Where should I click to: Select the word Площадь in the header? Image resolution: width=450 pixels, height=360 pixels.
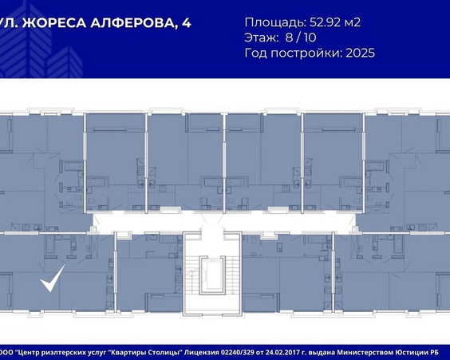(x=276, y=22)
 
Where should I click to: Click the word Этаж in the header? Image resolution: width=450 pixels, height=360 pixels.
(x=261, y=38)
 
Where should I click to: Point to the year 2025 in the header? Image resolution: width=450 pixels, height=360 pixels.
(x=360, y=53)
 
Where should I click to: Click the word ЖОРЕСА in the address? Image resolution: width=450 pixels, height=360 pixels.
(x=54, y=23)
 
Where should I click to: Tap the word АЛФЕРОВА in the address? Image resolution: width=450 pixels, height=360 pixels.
(x=134, y=23)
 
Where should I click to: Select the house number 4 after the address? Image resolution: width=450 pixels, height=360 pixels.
(x=187, y=23)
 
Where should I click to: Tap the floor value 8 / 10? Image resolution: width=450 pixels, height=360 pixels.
(x=301, y=38)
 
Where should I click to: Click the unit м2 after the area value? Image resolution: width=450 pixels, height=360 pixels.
(x=352, y=22)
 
